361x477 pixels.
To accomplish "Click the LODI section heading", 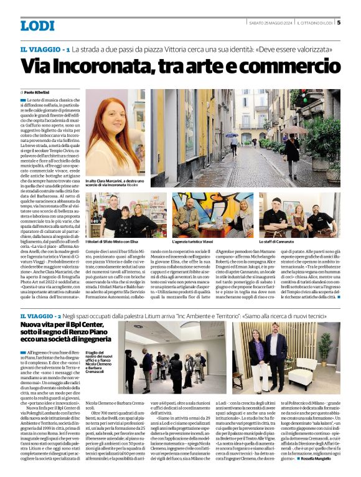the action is coord(37,26).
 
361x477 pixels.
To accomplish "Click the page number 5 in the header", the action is coord(339,24).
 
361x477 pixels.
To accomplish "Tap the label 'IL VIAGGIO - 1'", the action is coord(44,49).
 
